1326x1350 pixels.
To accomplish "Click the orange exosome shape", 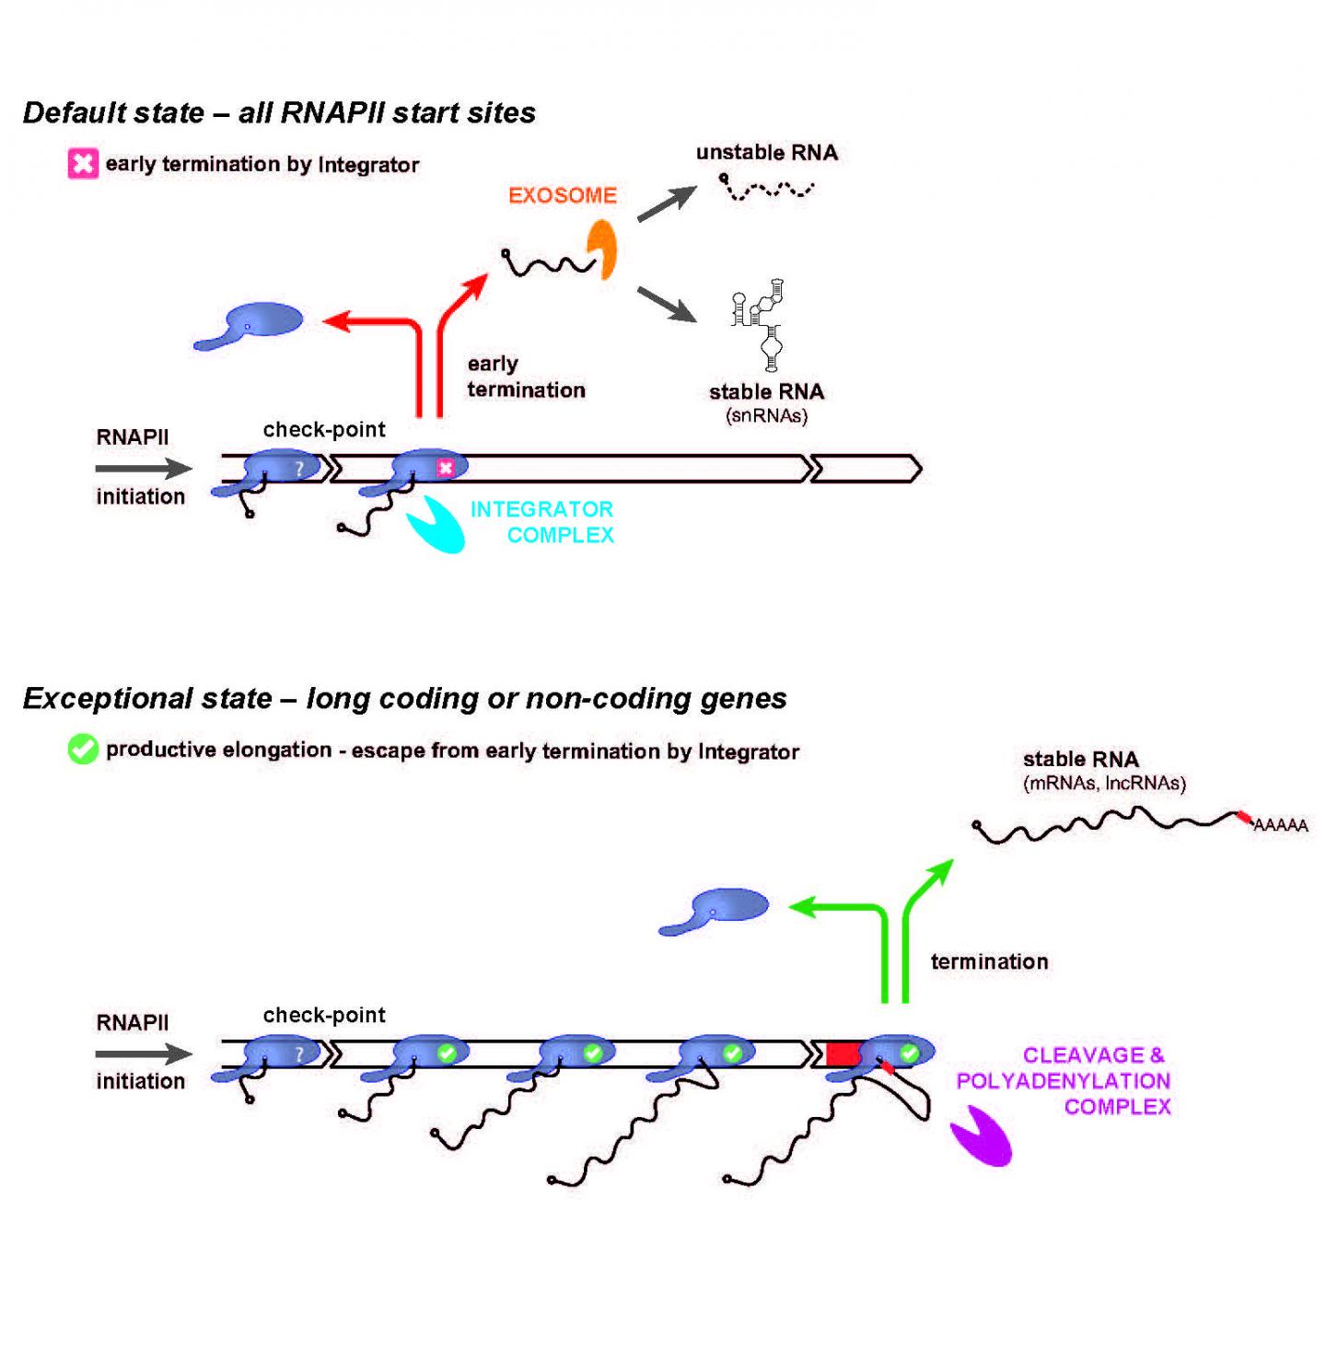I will click(x=603, y=248).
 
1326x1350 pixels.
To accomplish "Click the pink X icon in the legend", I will click(x=83, y=164).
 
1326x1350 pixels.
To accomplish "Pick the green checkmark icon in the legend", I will click(x=83, y=750).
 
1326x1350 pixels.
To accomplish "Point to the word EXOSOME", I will click(x=563, y=195).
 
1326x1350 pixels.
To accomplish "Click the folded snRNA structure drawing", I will click(x=762, y=324).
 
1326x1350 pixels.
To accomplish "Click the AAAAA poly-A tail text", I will click(x=1280, y=825).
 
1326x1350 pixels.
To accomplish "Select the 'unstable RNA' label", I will click(x=767, y=153).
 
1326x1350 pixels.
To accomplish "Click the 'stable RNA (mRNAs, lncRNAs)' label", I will click(x=1103, y=771).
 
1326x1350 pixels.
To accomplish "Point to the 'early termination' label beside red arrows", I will click(x=526, y=377).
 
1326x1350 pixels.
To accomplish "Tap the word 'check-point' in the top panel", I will click(x=324, y=429).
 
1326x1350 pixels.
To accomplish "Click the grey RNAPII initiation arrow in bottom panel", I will click(x=143, y=1053).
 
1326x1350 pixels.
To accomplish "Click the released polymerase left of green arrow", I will click(x=716, y=910).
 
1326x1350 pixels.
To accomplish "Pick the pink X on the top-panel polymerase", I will click(x=446, y=468).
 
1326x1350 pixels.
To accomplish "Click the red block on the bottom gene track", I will click(x=843, y=1053).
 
